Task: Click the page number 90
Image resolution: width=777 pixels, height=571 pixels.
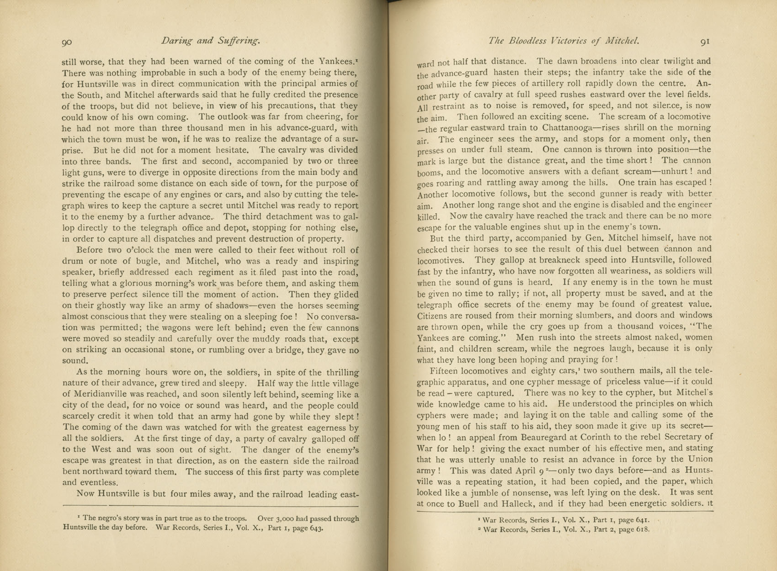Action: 67,42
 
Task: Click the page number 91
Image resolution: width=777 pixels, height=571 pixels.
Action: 705,42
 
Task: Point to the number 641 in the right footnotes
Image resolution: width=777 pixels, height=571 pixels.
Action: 639,519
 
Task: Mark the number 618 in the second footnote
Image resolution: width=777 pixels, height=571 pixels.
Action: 640,530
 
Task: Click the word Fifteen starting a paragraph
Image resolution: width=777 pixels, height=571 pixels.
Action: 445,370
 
